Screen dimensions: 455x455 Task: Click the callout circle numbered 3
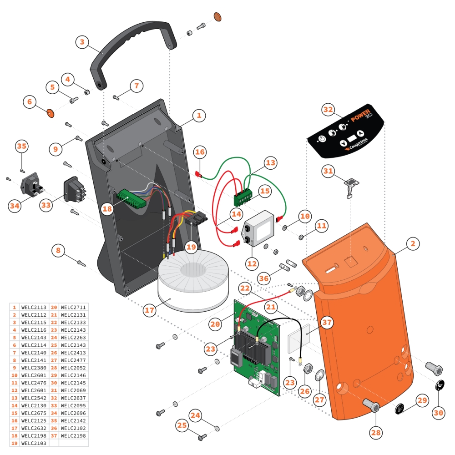[x=82, y=43]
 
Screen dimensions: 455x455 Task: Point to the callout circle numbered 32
[x=328, y=110]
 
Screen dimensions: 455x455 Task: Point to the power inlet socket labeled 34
[x=32, y=187]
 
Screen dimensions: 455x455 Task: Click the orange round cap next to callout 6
[x=51, y=112]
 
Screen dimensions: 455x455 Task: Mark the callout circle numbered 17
[x=150, y=311]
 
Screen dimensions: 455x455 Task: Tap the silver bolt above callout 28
[x=373, y=404]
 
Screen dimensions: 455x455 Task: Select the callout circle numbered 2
[x=412, y=243]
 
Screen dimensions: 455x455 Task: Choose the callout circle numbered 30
[x=438, y=413]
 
